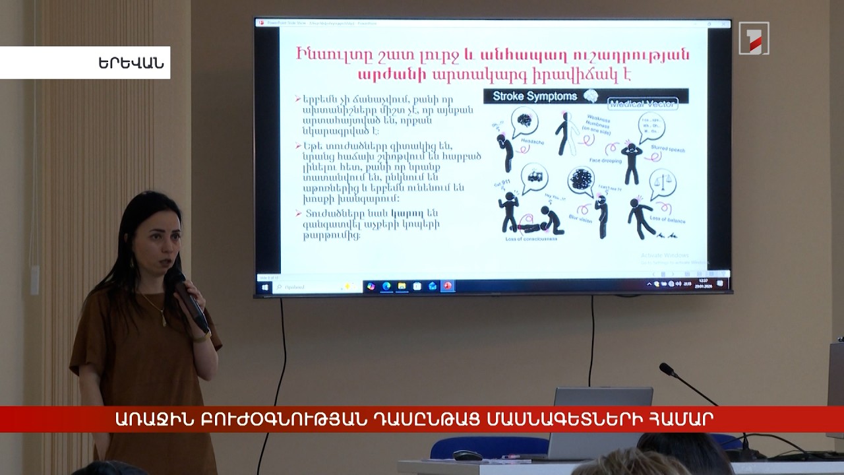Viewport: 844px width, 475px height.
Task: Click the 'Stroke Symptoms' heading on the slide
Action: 535,96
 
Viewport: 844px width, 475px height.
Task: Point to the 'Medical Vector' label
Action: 642,104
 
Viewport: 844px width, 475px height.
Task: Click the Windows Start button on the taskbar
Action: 265,287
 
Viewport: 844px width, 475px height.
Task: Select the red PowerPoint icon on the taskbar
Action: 448,286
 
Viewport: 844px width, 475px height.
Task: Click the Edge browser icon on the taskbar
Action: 386,286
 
